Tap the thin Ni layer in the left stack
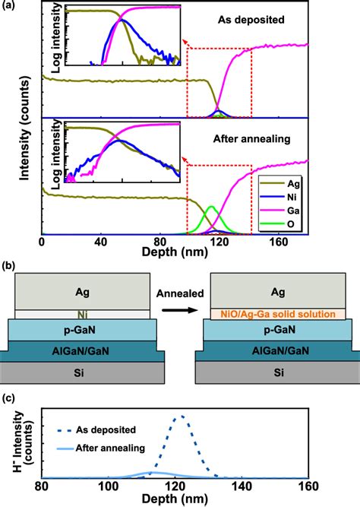coord(82,312)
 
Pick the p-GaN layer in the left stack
coord(82,331)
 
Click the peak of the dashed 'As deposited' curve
coord(180,417)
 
